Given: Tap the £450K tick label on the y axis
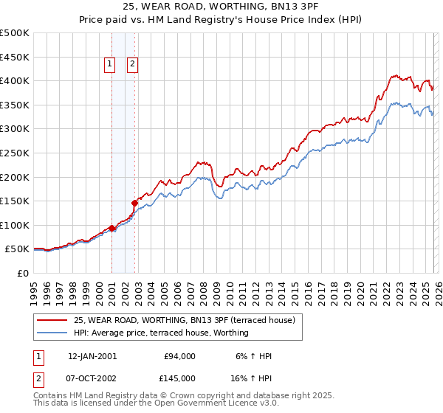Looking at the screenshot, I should coord(15,57).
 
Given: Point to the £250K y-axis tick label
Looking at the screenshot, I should coord(15,153).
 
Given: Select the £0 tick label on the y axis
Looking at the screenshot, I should coord(24,273).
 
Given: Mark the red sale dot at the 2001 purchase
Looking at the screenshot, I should coord(111,228).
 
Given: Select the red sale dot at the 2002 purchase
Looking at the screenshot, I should coord(134,203).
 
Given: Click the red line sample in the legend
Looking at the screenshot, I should coord(52,320).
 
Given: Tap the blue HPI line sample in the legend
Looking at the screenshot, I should coord(52,333).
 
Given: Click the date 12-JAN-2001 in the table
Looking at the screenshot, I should coord(92,356).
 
